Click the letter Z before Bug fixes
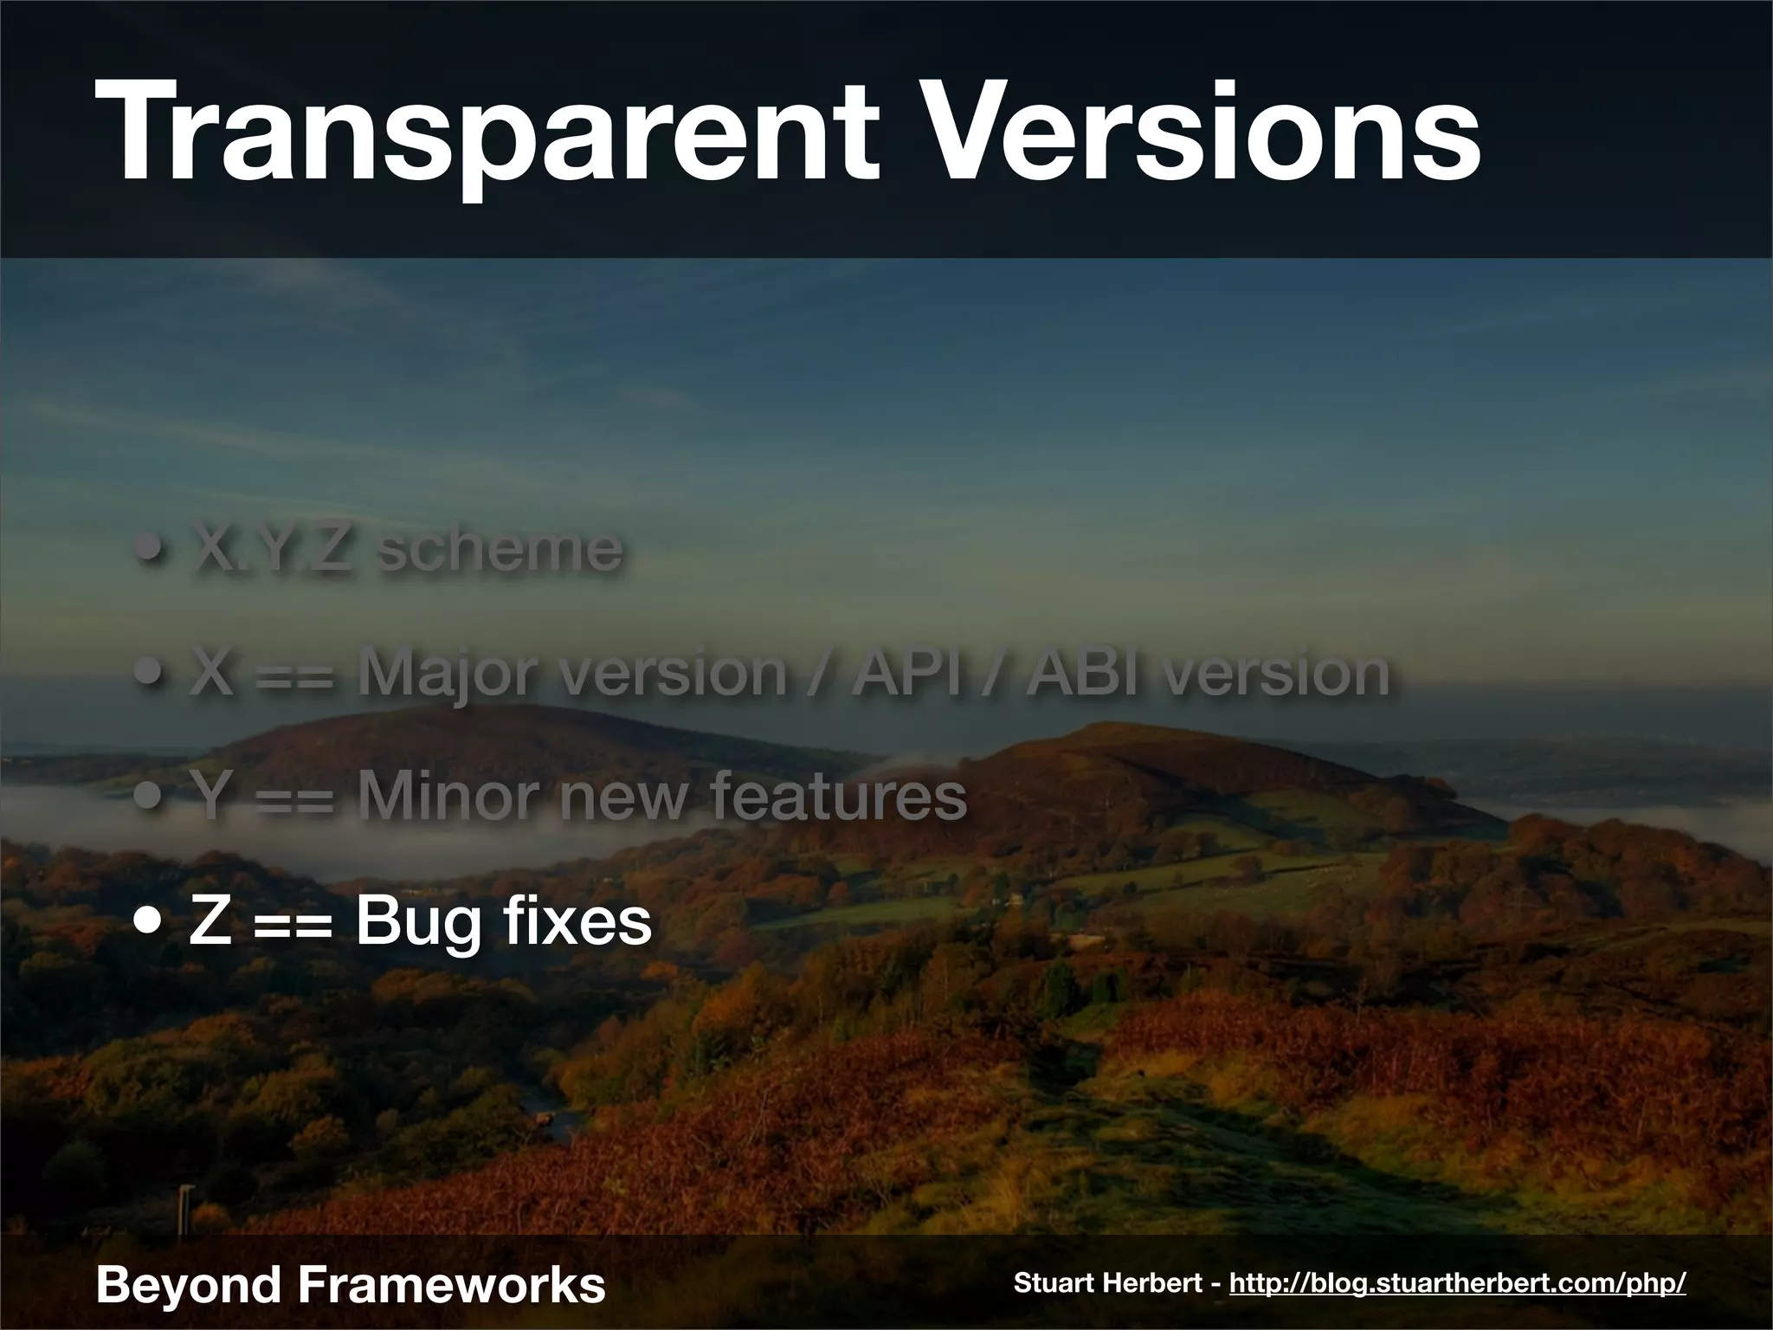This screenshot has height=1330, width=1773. [x=209, y=921]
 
